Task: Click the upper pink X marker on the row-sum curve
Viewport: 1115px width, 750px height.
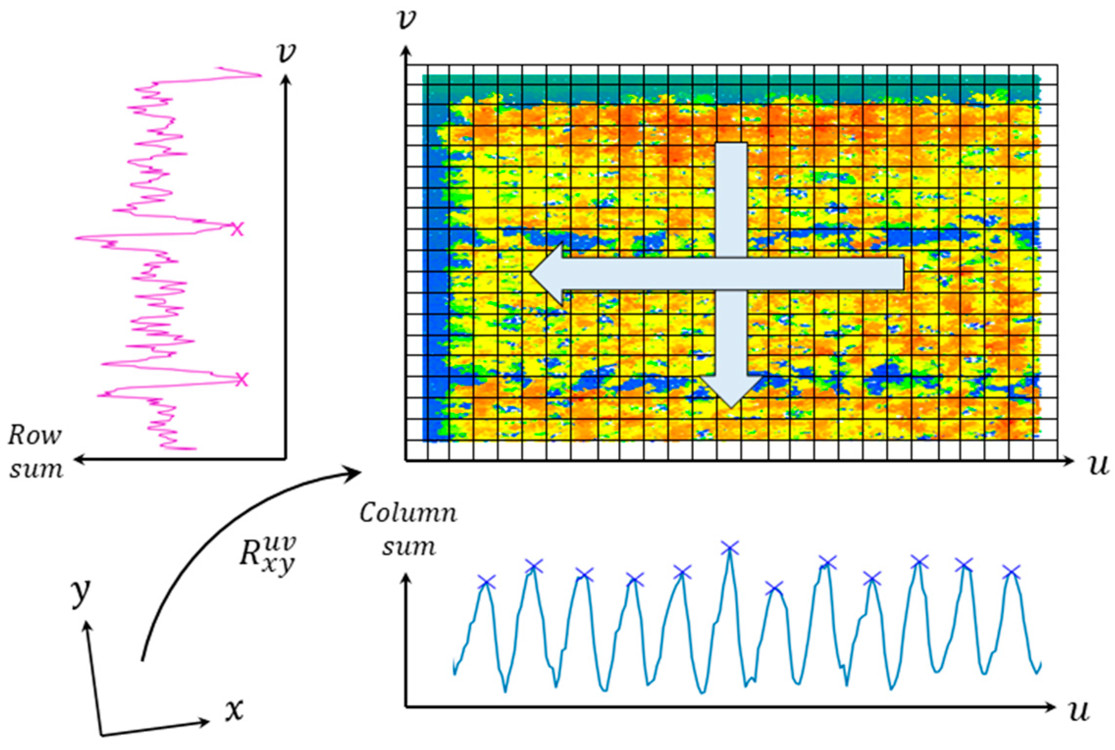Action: click(x=237, y=229)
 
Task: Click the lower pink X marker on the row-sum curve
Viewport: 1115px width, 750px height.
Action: click(x=241, y=379)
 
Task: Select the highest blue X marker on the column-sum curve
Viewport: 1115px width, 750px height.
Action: click(x=730, y=548)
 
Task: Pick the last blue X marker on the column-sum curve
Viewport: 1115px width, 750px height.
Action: click(x=1011, y=571)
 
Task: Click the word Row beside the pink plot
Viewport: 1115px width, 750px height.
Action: click(x=35, y=435)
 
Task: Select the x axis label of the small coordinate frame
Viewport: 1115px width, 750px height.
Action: click(x=234, y=710)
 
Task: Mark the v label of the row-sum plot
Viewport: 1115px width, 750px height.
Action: click(x=287, y=52)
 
